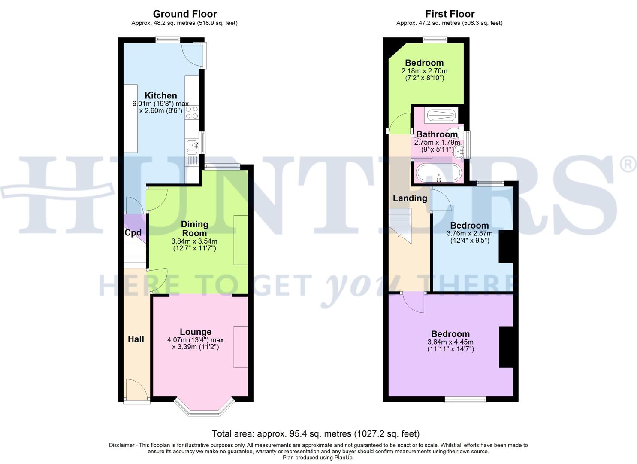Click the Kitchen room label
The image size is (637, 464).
(x=161, y=95)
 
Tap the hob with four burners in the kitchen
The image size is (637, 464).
(x=192, y=113)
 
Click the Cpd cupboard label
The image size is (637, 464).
(x=133, y=233)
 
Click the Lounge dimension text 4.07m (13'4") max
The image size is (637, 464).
(x=196, y=340)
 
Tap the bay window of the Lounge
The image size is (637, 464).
(x=205, y=408)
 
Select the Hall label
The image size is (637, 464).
(x=136, y=339)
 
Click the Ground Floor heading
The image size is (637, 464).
(x=185, y=14)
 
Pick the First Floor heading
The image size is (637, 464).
(x=450, y=14)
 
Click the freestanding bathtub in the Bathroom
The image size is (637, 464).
(x=438, y=173)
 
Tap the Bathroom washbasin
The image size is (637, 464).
(x=459, y=151)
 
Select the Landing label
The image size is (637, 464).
(x=410, y=198)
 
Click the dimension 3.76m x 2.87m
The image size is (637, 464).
(x=469, y=234)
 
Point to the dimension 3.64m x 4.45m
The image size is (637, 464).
(x=450, y=342)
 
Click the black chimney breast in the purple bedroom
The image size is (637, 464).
(x=506, y=347)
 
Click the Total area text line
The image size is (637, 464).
(x=316, y=434)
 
